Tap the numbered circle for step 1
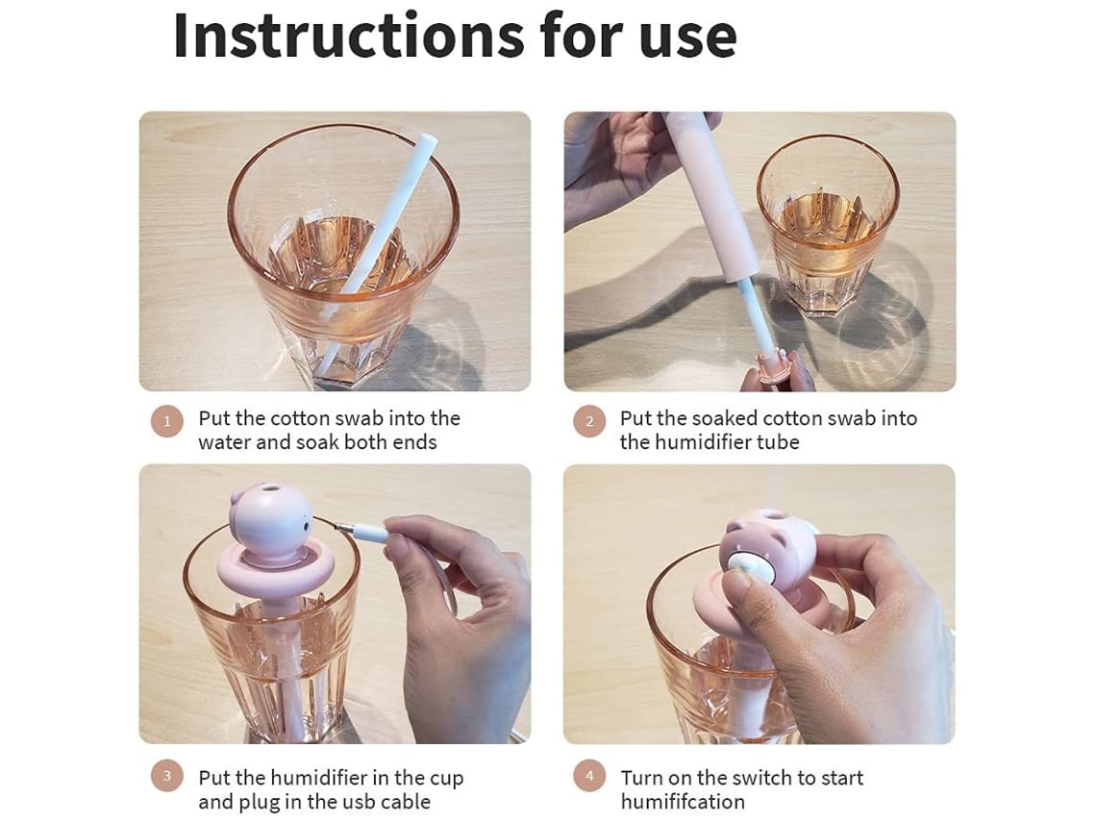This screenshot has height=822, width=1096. pyautogui.click(x=167, y=421)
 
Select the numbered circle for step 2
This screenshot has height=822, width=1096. pyautogui.click(x=589, y=421)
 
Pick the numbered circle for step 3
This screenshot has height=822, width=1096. pyautogui.click(x=167, y=776)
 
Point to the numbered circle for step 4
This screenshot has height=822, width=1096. pyautogui.click(x=589, y=776)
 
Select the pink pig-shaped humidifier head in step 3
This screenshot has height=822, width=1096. pyautogui.click(x=270, y=521)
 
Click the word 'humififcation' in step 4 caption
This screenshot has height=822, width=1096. pyautogui.click(x=683, y=801)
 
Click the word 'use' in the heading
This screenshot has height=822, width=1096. pyautogui.click(x=687, y=38)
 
